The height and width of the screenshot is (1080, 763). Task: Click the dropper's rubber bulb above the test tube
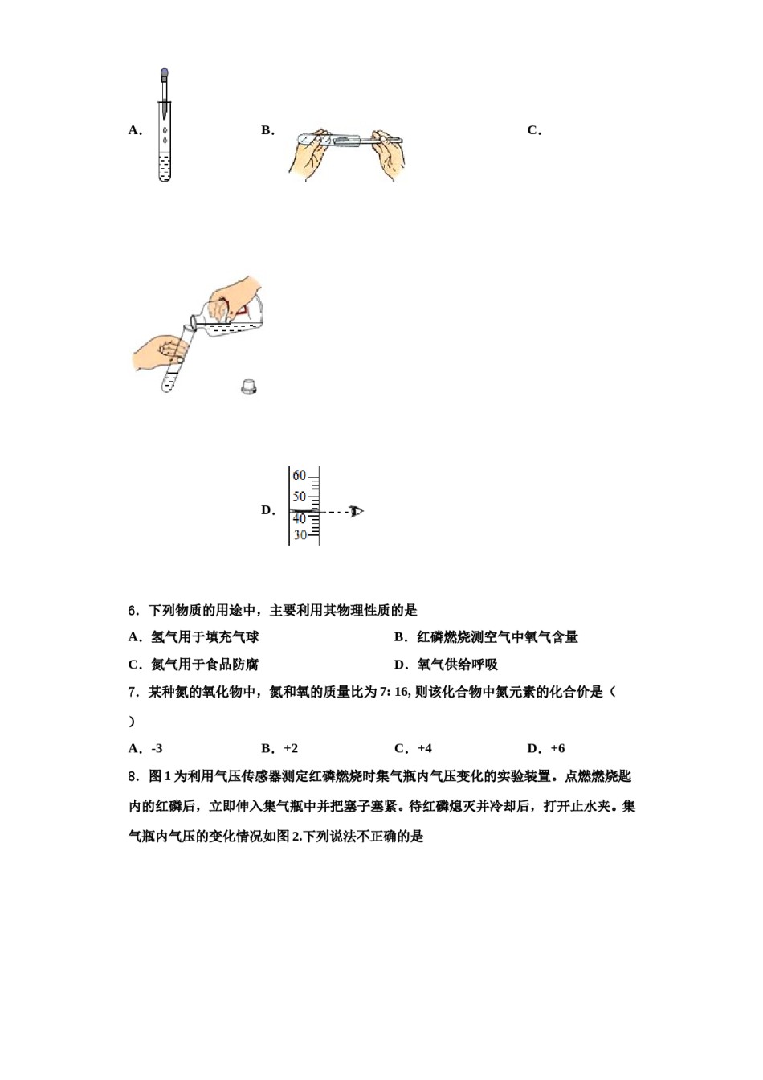[x=165, y=74]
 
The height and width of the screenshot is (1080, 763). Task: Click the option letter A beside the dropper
[x=134, y=130]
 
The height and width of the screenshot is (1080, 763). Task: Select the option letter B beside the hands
[x=267, y=130]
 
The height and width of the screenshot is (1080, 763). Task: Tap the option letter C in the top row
[x=533, y=130]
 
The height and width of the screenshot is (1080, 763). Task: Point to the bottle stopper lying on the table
[x=250, y=387]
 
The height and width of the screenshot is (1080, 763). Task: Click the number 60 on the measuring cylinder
[x=299, y=476]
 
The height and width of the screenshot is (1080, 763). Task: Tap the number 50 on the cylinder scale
[x=299, y=497]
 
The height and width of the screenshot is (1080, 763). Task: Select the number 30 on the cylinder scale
[x=300, y=535]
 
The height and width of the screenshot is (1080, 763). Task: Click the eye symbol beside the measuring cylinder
[x=357, y=511]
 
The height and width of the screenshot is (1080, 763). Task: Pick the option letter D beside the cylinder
[x=267, y=510]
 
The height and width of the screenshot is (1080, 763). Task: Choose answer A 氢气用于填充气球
[x=205, y=637]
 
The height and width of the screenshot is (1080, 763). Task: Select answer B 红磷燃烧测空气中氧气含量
[x=497, y=637]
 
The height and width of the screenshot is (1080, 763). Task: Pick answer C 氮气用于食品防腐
[x=205, y=665]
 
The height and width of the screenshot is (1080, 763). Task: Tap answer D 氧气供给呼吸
[x=457, y=665]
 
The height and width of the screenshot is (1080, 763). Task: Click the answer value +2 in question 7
[x=290, y=748]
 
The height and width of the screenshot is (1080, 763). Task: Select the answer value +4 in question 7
[x=424, y=748]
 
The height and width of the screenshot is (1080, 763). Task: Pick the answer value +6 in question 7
[x=557, y=748]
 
